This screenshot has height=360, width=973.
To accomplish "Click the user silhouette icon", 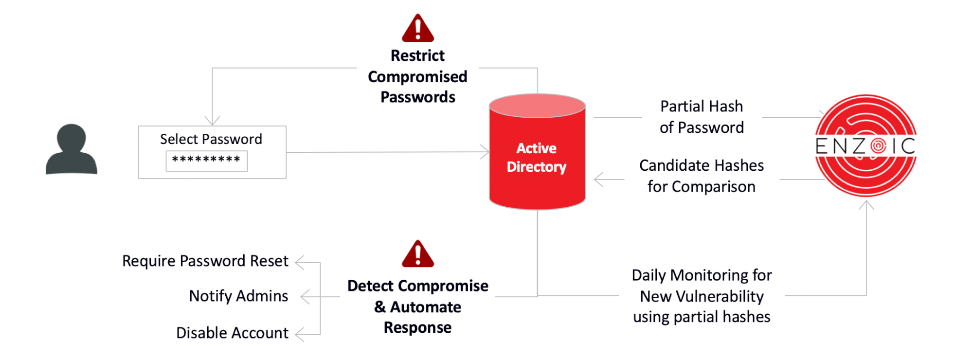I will [x=72, y=149].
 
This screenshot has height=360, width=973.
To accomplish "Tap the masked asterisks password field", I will [x=206, y=161].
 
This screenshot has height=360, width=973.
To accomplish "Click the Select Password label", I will [x=211, y=139].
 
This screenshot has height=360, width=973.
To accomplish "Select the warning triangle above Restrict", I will [x=417, y=29].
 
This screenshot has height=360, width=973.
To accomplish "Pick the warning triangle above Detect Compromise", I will [x=417, y=254].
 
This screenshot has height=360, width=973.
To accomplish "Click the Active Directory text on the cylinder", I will [x=536, y=157].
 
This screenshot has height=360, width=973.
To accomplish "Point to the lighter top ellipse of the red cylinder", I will [x=537, y=106].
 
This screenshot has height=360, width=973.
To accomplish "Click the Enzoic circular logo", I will [x=865, y=145].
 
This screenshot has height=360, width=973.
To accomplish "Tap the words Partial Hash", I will [x=701, y=106].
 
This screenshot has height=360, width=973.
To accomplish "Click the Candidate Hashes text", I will [x=701, y=165].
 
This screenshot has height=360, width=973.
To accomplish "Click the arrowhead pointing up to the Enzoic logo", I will [x=866, y=204].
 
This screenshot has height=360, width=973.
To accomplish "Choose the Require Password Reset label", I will [x=205, y=261].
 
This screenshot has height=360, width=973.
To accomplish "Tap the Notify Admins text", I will [x=238, y=296].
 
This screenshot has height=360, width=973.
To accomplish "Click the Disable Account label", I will [x=232, y=333].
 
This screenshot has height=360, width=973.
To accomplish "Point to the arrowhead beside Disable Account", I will [x=299, y=335].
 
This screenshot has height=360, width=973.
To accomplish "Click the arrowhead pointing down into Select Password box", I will [x=212, y=121].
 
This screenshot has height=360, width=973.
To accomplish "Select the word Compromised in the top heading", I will [x=417, y=76].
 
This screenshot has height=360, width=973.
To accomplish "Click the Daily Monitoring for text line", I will [x=701, y=275].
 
